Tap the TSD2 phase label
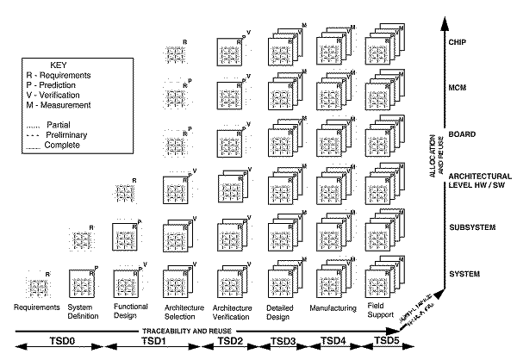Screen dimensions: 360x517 [230, 343]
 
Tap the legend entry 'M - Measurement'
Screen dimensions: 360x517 [62, 106]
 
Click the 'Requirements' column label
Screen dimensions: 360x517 [35, 307]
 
